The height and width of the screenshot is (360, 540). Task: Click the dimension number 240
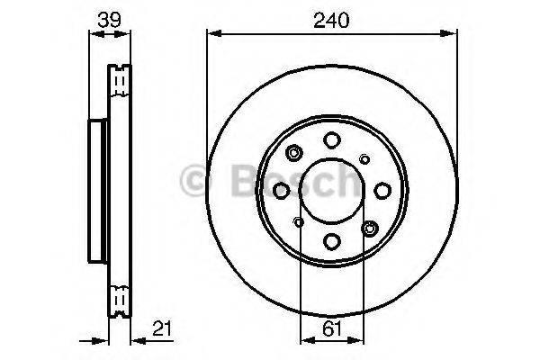point(331,20)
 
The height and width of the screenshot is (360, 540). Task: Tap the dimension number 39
point(109,20)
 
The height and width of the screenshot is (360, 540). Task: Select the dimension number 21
point(162,328)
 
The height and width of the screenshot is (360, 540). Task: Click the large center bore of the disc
point(331,191)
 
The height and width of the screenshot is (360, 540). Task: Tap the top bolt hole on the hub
point(332,140)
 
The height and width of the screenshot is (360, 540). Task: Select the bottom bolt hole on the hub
point(332,241)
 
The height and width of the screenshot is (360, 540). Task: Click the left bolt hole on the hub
point(282,191)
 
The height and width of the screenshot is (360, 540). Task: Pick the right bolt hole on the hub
point(382,191)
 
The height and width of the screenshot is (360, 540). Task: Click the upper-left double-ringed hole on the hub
point(294,153)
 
